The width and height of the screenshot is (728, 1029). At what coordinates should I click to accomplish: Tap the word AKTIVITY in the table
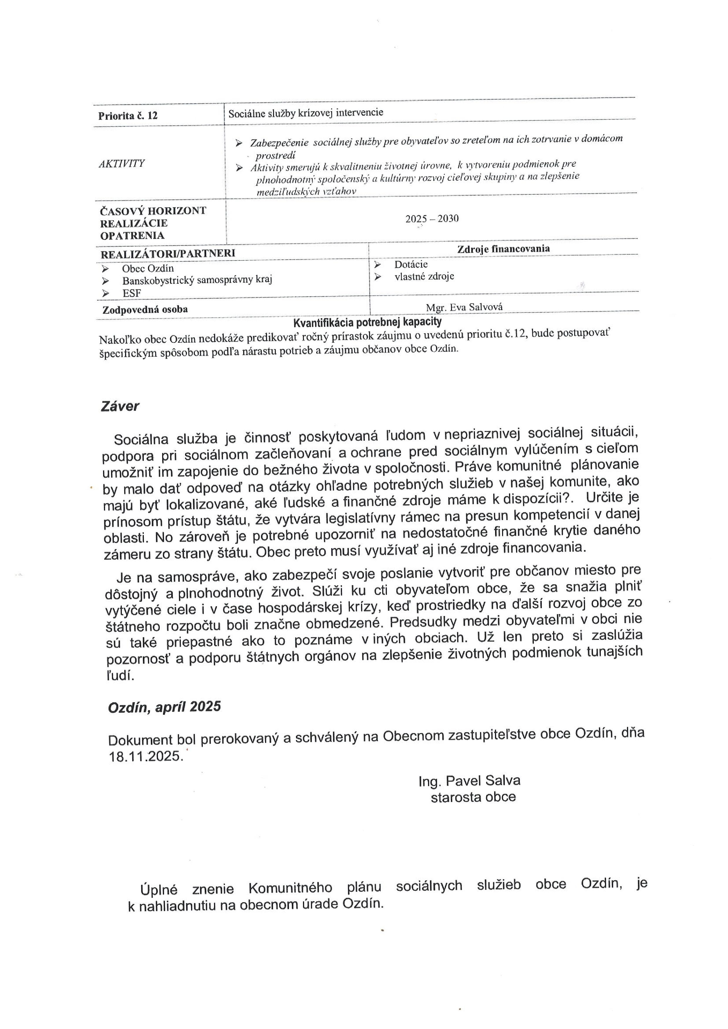[122, 163]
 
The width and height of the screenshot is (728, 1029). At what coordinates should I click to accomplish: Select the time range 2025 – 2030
[432, 219]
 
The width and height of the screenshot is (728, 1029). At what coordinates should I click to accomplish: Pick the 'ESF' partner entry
[132, 293]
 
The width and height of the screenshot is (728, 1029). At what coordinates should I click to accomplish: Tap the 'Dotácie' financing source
[411, 265]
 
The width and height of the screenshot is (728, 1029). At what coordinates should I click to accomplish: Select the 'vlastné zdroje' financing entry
[424, 276]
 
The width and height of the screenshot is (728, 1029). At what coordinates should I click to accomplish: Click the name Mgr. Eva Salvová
[464, 307]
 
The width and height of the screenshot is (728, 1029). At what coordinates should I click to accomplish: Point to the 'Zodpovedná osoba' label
[145, 309]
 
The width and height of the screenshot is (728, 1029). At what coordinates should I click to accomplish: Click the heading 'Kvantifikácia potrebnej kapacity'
[367, 322]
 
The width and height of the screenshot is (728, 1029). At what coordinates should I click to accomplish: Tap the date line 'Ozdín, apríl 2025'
[164, 707]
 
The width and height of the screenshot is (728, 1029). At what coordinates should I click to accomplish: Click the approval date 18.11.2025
[146, 756]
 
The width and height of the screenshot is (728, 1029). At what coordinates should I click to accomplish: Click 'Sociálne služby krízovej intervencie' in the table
[305, 112]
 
